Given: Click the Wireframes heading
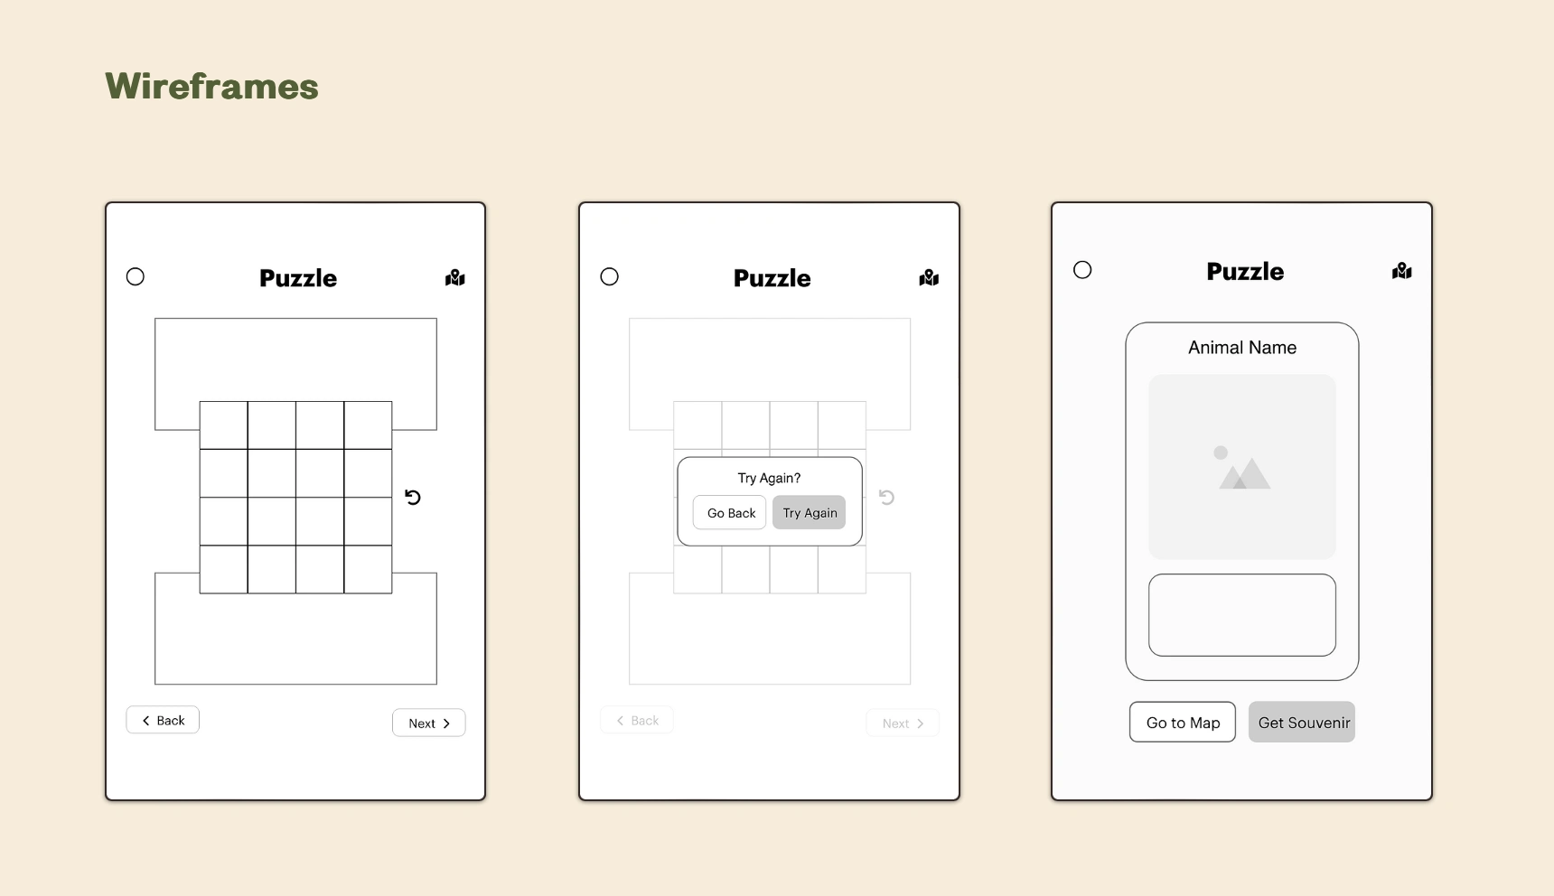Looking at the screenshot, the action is (x=211, y=87).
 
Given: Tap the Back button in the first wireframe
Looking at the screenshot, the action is (x=163, y=720).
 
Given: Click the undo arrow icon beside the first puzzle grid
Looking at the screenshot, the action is (x=413, y=497).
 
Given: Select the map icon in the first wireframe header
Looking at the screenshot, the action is (x=455, y=277).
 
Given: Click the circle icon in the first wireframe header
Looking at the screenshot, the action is (x=136, y=276).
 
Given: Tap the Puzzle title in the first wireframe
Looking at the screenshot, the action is (x=298, y=278).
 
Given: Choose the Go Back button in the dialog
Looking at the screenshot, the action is (x=730, y=512).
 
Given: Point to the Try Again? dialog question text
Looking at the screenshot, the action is (x=769, y=478).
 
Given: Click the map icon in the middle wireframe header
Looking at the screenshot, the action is (x=929, y=277).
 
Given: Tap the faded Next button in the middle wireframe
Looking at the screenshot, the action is (x=903, y=723).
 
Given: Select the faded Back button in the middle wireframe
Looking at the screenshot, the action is (x=637, y=720).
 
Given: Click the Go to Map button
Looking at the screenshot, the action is (x=1183, y=722).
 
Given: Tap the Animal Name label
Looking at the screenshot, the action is (x=1242, y=348).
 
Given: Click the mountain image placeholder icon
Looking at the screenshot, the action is (x=1242, y=468).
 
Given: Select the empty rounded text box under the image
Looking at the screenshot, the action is (x=1242, y=615).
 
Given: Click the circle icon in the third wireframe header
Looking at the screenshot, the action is (x=1082, y=270).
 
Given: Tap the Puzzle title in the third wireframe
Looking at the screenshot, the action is (x=1245, y=272).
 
